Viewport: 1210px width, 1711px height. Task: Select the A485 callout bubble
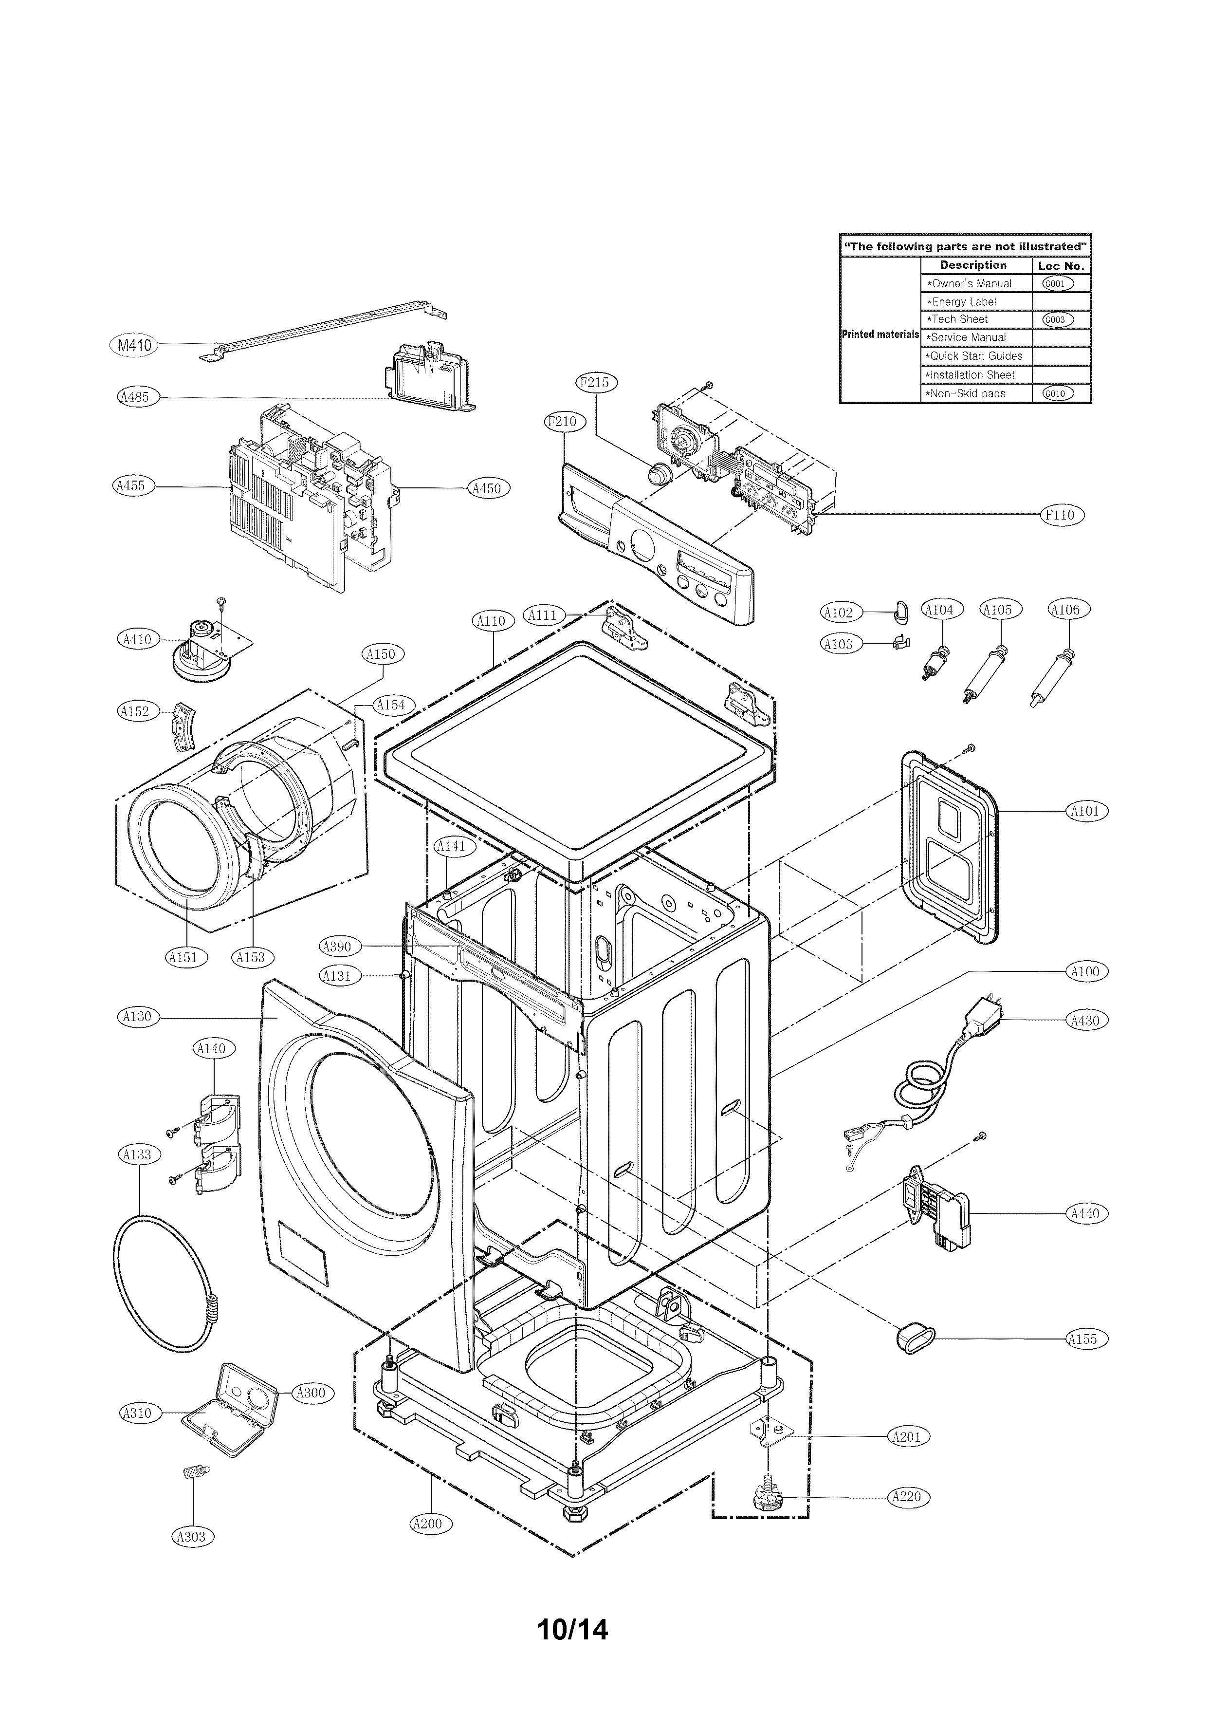(x=135, y=397)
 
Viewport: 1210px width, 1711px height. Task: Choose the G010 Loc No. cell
(x=1059, y=393)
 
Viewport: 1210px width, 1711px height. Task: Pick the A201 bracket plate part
(x=770, y=1432)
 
